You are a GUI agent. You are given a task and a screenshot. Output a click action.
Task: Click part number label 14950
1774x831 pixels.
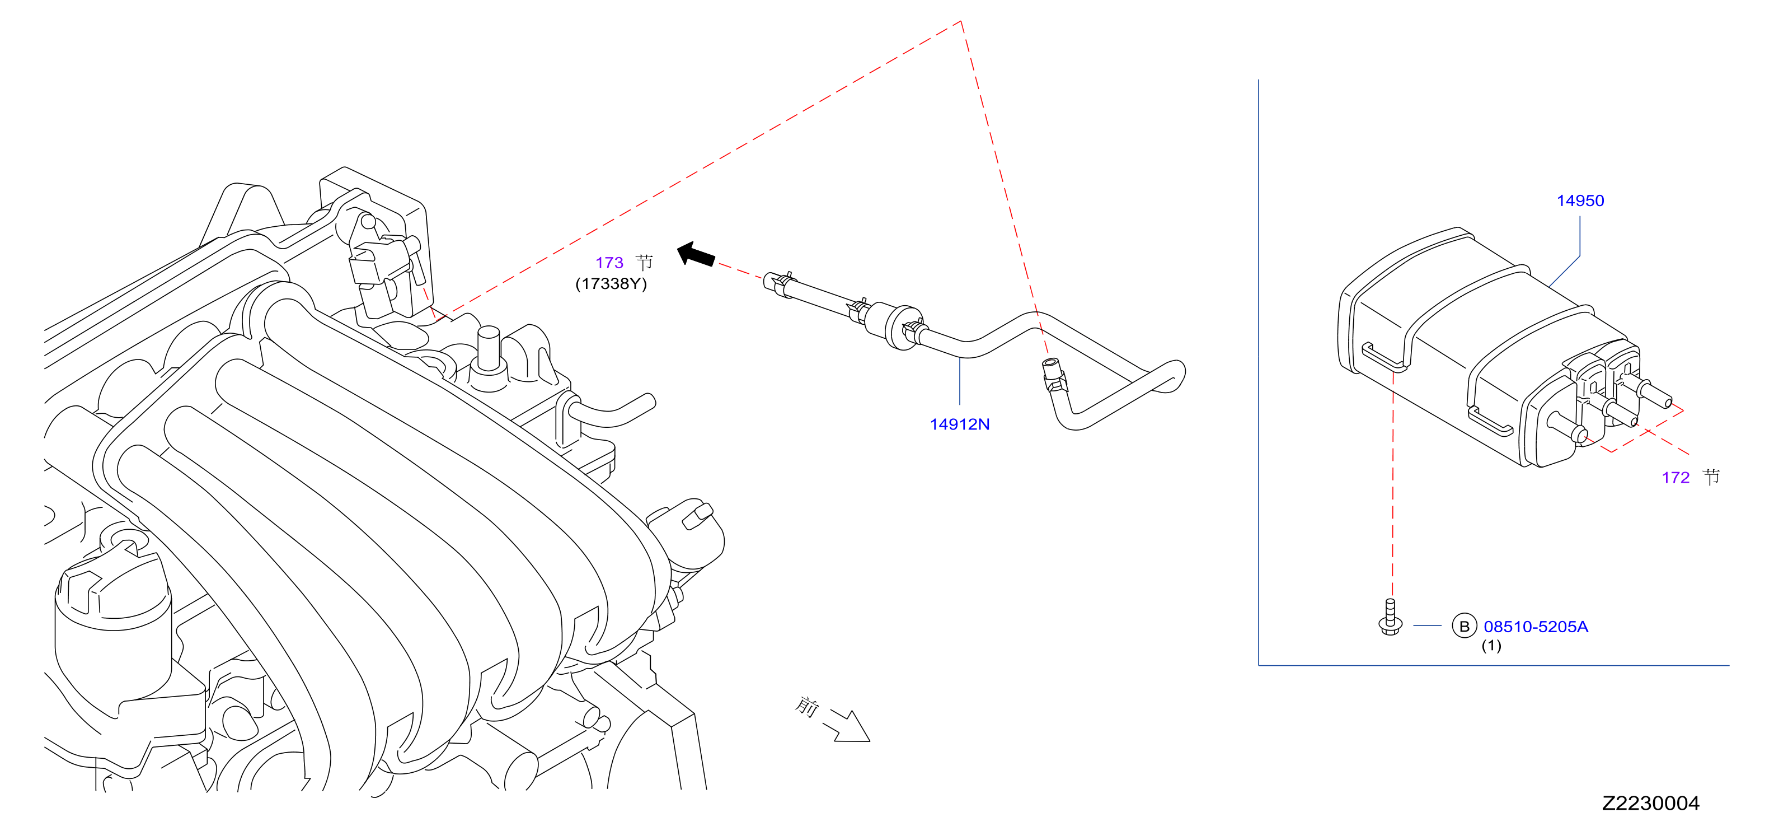point(1580,200)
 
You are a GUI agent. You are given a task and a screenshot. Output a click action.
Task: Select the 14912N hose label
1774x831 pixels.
point(959,424)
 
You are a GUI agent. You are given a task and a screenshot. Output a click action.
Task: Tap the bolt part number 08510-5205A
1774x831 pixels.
point(1536,627)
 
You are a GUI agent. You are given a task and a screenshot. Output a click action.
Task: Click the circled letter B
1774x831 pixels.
point(1464,625)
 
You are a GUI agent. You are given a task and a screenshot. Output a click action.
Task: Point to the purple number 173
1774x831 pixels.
point(609,263)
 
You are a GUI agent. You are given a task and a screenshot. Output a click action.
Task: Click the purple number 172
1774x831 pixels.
point(1675,478)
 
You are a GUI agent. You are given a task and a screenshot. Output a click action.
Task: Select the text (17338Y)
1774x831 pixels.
point(611,284)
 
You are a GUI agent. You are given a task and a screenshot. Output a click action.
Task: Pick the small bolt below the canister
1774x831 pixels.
point(1391,618)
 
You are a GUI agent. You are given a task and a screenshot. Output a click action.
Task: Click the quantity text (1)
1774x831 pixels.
point(1491,646)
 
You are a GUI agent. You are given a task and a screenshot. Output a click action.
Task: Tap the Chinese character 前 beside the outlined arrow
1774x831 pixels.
point(806,706)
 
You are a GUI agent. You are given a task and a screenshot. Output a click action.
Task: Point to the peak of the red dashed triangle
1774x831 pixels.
point(961,21)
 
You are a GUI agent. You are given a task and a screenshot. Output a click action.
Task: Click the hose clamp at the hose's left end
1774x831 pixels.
point(779,283)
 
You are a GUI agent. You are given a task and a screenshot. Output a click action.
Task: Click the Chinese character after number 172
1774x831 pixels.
point(1711,477)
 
